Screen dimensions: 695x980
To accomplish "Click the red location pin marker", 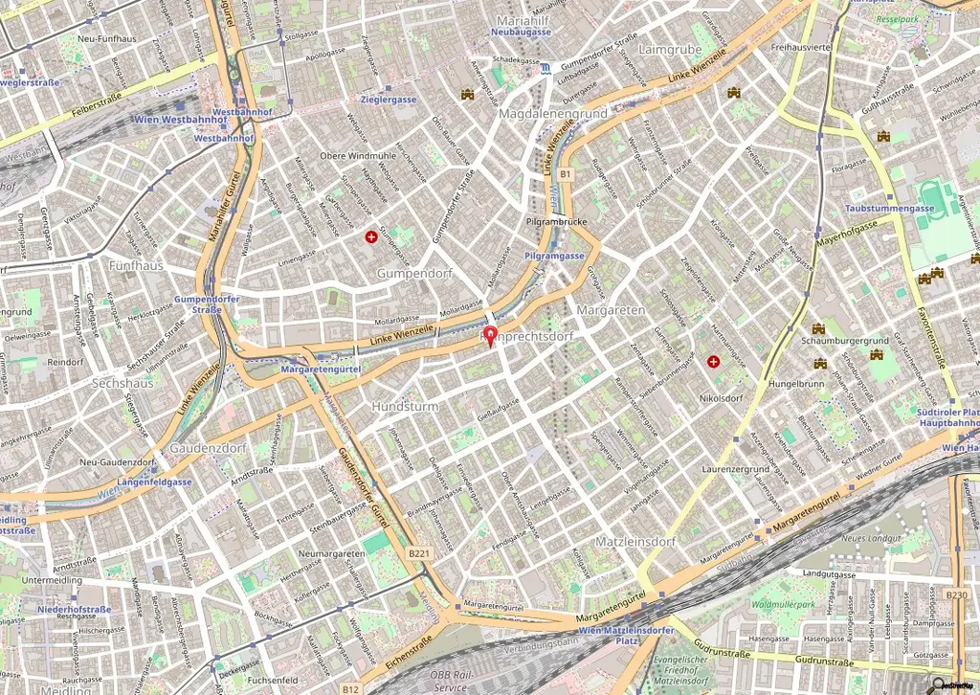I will click(x=491, y=336).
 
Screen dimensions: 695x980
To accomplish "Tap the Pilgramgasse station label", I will click(x=555, y=257).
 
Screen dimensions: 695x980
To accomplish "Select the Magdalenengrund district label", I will click(x=552, y=114).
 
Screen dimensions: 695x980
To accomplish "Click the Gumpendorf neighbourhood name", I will click(x=413, y=274).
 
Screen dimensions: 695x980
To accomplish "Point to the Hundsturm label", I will click(x=405, y=407).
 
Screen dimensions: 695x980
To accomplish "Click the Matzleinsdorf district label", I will click(x=635, y=542).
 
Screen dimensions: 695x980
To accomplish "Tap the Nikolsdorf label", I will click(x=722, y=397).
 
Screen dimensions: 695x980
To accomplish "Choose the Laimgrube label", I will click(x=669, y=49).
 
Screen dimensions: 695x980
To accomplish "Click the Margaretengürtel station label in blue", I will click(x=320, y=369).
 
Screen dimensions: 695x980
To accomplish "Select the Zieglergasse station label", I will click(x=388, y=100).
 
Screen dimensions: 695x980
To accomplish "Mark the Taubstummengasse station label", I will click(x=889, y=208).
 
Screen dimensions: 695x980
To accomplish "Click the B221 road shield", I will click(x=418, y=553).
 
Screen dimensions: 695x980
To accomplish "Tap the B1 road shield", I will click(x=565, y=174).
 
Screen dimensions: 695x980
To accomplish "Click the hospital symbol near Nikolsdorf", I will click(x=713, y=362).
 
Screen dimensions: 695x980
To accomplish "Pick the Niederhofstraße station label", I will click(x=75, y=609).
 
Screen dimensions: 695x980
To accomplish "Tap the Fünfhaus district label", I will click(x=137, y=265).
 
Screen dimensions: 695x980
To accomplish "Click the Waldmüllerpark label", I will click(x=784, y=605).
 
